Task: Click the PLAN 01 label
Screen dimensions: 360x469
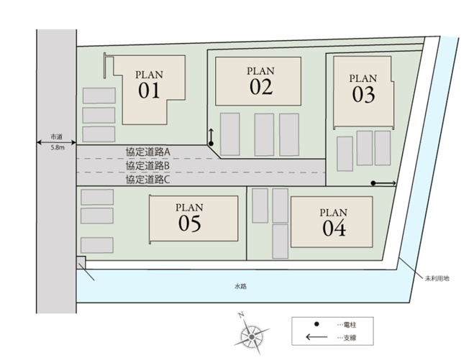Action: click(149, 83)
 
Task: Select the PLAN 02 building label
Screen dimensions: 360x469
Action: click(261, 80)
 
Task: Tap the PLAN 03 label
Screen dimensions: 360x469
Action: click(363, 87)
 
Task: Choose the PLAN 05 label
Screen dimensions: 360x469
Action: click(189, 218)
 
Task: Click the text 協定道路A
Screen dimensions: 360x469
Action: click(147, 152)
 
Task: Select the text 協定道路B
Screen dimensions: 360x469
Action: click(147, 165)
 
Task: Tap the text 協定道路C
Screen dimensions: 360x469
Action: click(147, 180)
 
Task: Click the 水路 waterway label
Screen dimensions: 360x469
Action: click(240, 286)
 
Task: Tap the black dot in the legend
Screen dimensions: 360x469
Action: click(317, 326)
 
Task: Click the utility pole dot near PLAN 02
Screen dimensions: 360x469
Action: click(211, 144)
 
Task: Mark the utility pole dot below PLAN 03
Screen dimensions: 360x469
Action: click(373, 184)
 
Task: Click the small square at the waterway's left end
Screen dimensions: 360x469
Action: click(81, 260)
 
